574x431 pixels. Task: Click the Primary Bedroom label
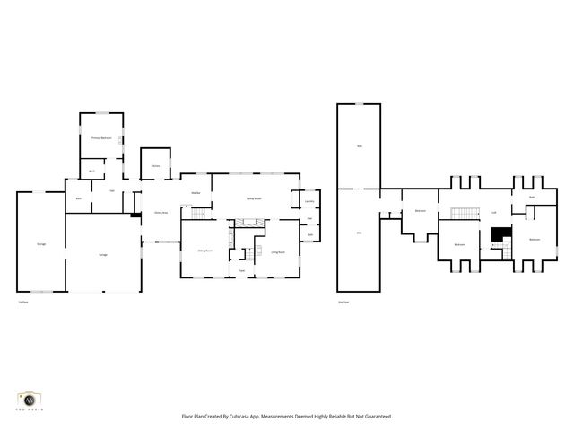pyautogui.click(x=101, y=137)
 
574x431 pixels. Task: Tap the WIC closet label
pyautogui.click(x=91, y=171)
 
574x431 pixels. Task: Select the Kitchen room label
pyautogui.click(x=155, y=166)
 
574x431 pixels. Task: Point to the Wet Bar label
pyautogui.click(x=195, y=193)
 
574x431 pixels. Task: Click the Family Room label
pyautogui.click(x=255, y=198)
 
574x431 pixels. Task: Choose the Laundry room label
pyautogui.click(x=309, y=201)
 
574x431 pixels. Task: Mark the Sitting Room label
pyautogui.click(x=204, y=252)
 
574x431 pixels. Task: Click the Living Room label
pyautogui.click(x=277, y=252)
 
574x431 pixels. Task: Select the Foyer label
pyautogui.click(x=241, y=270)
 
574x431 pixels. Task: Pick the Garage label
pyautogui.click(x=103, y=256)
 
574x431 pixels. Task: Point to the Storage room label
pyautogui.click(x=41, y=243)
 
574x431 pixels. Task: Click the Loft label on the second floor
pyautogui.click(x=494, y=213)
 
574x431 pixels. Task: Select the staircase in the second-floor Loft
pyautogui.click(x=461, y=212)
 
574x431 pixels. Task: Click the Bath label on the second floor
pyautogui.click(x=532, y=197)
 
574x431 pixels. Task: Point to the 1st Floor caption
pyautogui.click(x=21, y=302)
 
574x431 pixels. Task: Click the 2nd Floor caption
pyautogui.click(x=343, y=302)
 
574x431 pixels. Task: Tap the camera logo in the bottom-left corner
pyautogui.click(x=31, y=398)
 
